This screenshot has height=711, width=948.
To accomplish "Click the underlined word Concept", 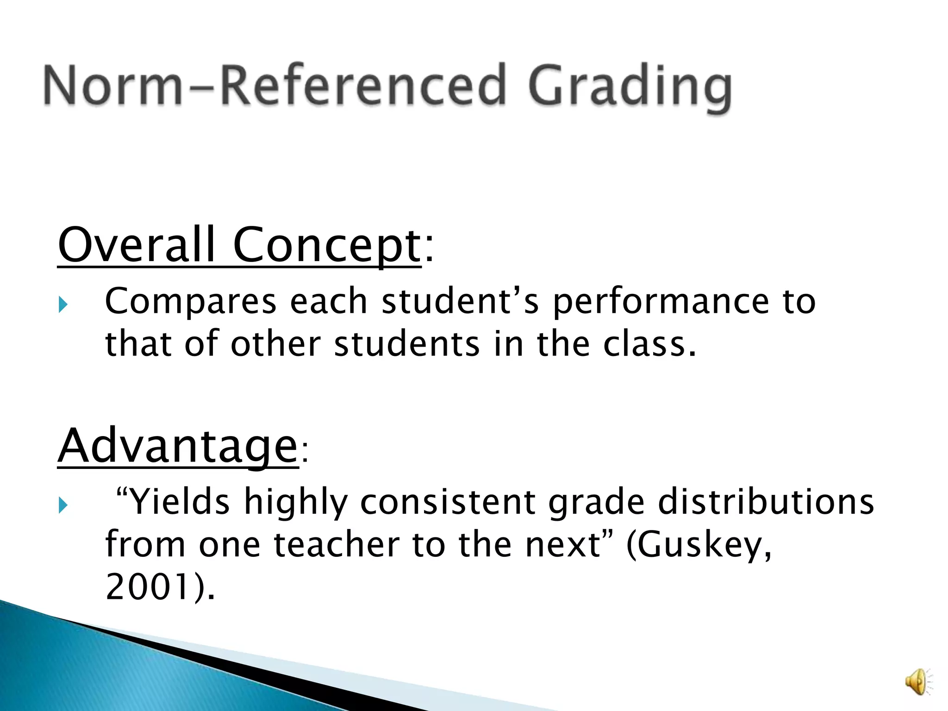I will (326, 245).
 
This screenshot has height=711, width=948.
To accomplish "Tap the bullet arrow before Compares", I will (63, 305).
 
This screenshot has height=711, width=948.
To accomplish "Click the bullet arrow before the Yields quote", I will (63, 505).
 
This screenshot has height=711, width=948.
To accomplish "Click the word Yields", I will (178, 502).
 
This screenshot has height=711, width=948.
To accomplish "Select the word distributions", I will (766, 502).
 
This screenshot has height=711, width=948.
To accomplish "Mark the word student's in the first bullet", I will (461, 302).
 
